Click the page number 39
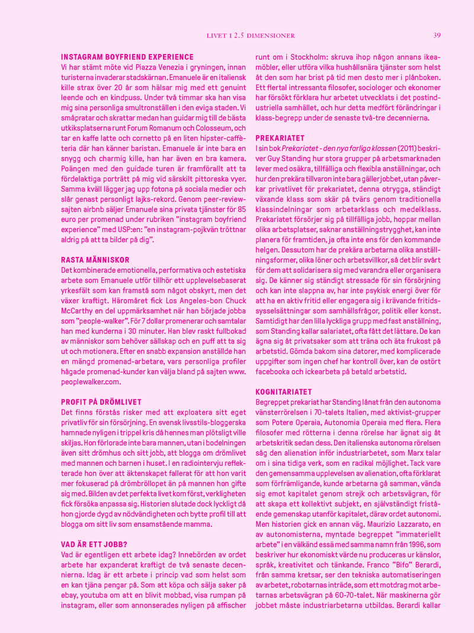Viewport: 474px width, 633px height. [437, 35]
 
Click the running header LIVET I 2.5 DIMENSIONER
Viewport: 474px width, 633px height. [250, 36]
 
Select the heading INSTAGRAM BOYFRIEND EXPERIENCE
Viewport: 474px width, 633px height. [127, 57]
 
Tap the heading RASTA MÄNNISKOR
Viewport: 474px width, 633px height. [95, 260]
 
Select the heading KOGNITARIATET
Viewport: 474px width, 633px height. [283, 392]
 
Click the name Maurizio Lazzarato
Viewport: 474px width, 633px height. [392, 524]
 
